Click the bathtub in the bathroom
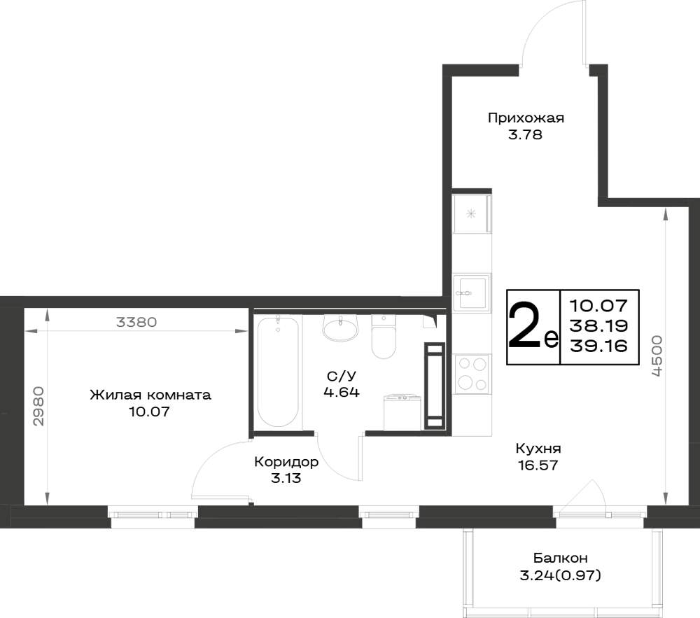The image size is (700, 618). click(278, 371)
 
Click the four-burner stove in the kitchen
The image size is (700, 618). click(472, 374)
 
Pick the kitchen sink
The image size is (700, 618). click(471, 293)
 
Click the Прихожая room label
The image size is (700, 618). click(526, 118)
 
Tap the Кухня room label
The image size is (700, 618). click(538, 448)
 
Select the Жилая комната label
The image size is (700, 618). click(150, 395)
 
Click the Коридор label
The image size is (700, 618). click(286, 462)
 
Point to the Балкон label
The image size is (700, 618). click(560, 558)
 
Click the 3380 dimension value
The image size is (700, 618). click(136, 322)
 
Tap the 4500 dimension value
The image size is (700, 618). click(657, 356)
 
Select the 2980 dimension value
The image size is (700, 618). click(38, 406)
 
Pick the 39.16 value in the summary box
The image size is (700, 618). click(598, 345)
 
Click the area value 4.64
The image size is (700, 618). click(342, 393)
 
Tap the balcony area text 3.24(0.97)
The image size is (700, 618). click(560, 575)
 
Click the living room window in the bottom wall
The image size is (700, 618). click(153, 516)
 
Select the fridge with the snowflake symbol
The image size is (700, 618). click(472, 213)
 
